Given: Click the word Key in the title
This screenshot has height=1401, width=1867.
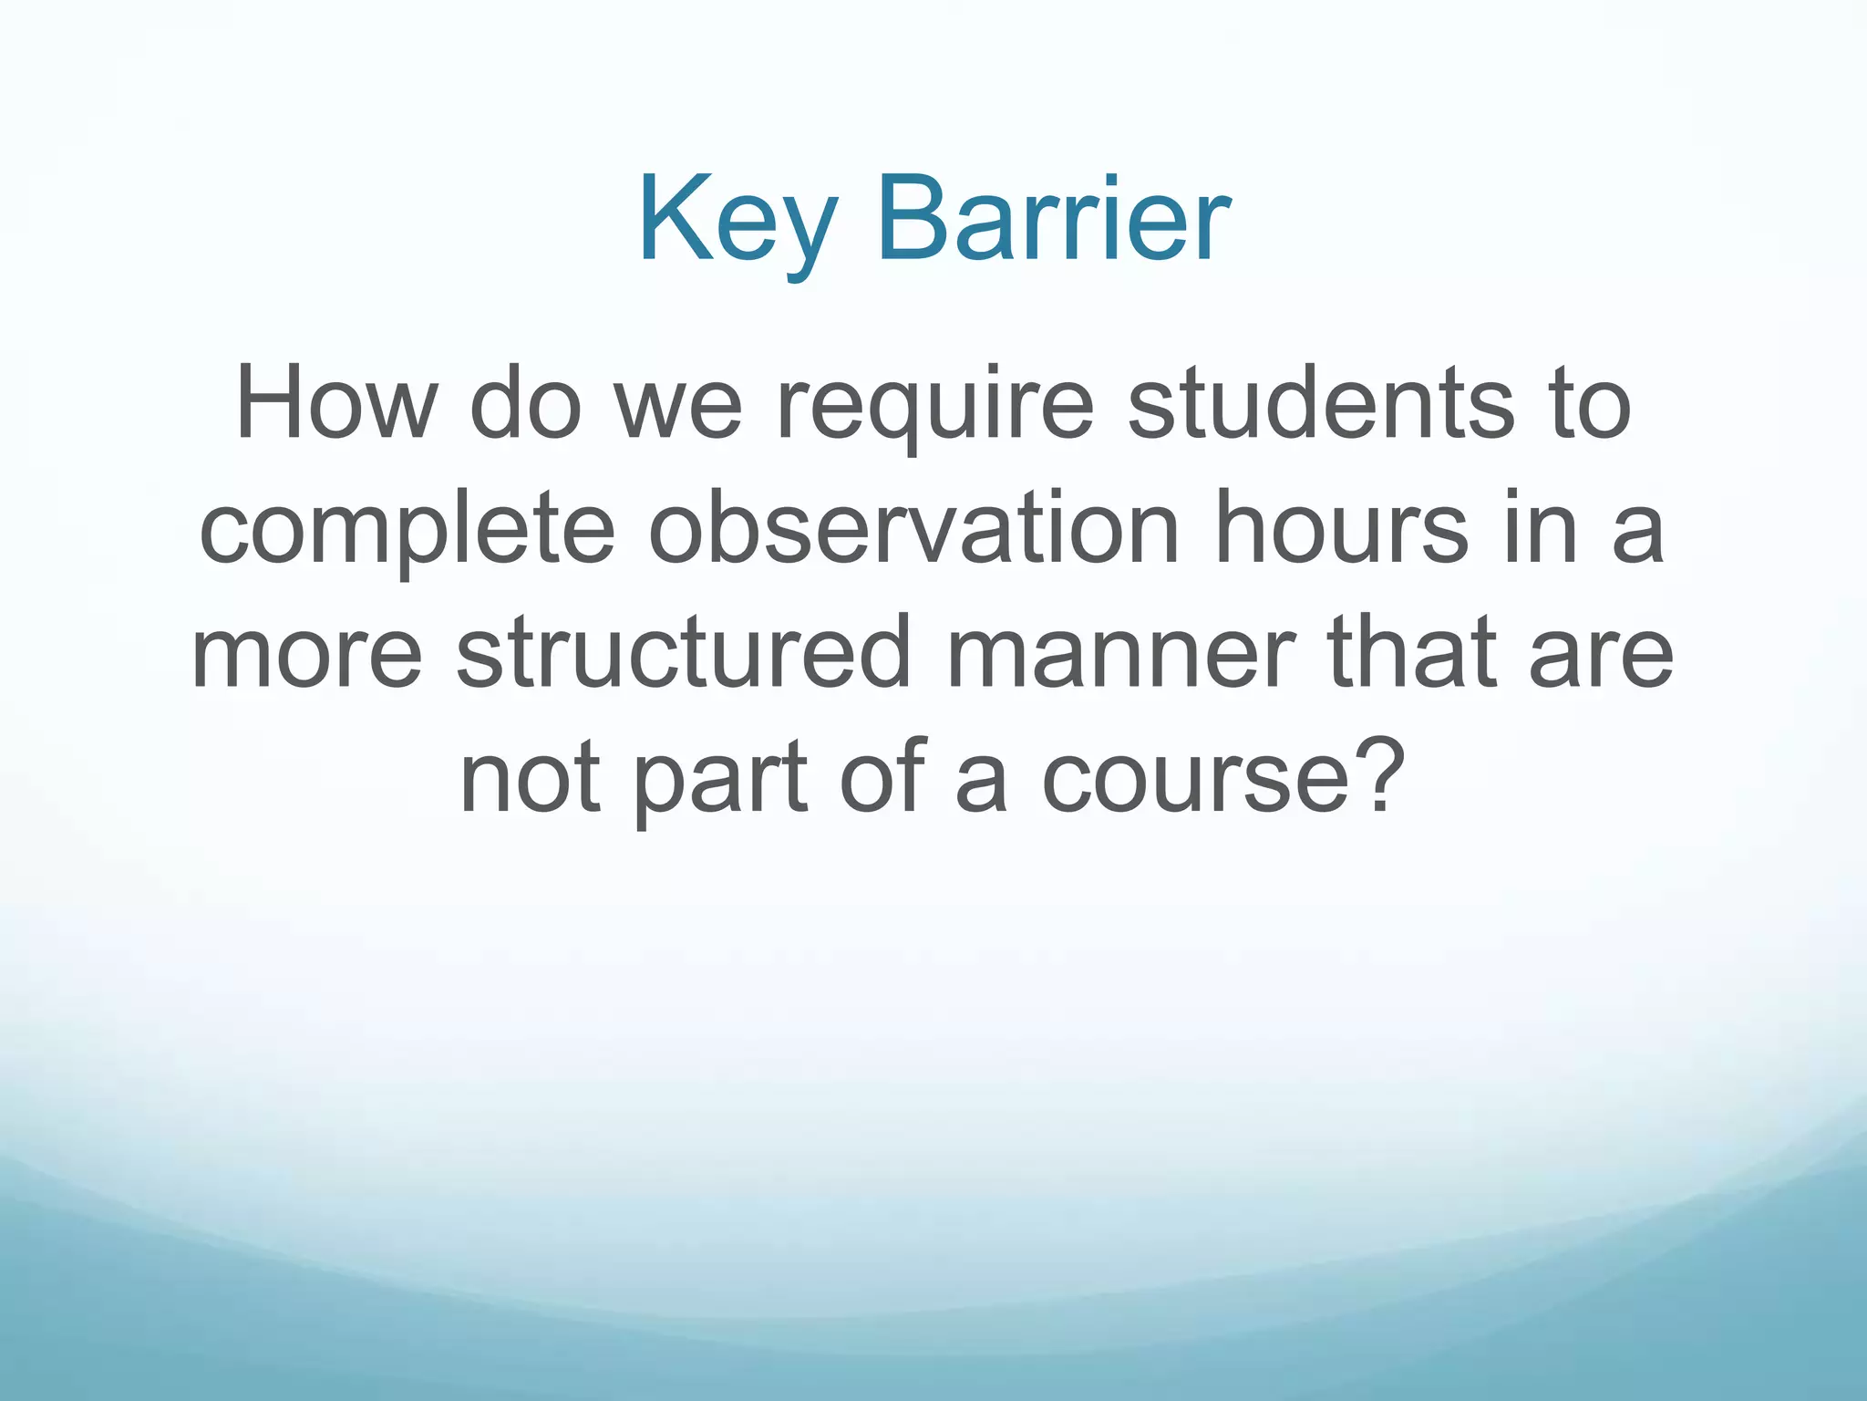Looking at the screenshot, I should click(x=737, y=221).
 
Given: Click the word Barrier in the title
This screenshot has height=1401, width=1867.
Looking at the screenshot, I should click(x=1053, y=221).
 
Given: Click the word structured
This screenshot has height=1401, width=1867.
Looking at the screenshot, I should click(x=683, y=653).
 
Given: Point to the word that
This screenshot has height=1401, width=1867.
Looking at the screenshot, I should click(x=1412, y=653).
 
